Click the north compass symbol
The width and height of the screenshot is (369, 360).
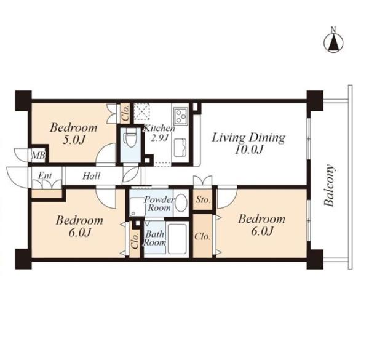(333, 42)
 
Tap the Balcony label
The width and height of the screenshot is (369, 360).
(329, 186)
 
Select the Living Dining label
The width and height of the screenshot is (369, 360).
(248, 138)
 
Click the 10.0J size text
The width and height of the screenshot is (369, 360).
(248, 150)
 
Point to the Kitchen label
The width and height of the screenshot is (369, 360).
(159, 129)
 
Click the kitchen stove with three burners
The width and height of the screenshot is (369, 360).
(180, 116)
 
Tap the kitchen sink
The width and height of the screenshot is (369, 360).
(180, 148)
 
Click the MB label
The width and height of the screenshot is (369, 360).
(39, 156)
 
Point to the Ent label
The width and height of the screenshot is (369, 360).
(45, 176)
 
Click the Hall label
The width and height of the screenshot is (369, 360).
(91, 176)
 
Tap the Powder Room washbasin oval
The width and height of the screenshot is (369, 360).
(181, 202)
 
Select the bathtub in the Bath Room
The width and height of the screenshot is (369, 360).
(178, 239)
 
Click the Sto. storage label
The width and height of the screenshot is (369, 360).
(203, 200)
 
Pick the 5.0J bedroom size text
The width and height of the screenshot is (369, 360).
(74, 140)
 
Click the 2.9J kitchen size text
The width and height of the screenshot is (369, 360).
(159, 138)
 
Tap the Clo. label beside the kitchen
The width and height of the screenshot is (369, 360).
(126, 113)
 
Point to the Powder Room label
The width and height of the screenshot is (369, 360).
(159, 204)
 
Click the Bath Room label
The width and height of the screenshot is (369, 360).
(154, 238)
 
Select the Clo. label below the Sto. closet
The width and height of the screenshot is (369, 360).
(202, 236)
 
